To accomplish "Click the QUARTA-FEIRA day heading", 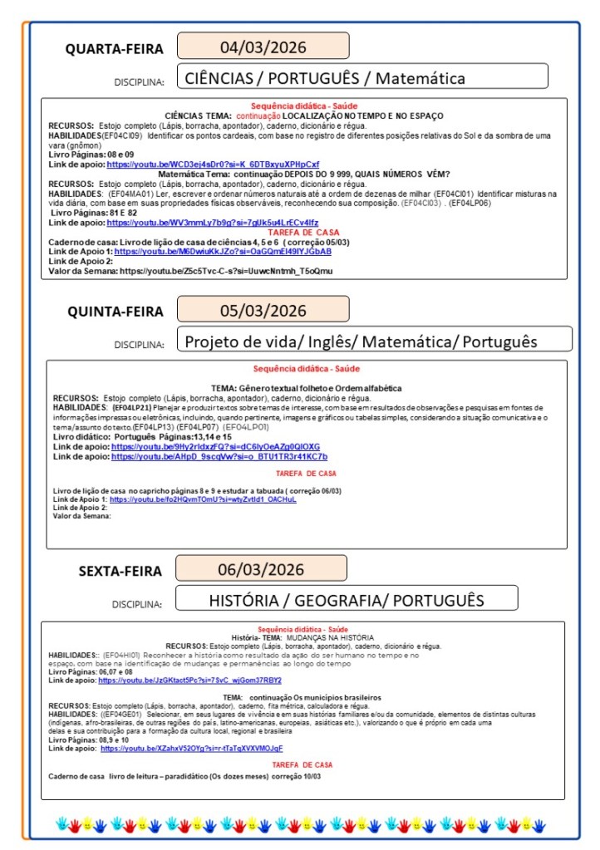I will point(114,49).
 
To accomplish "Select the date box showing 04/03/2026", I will point(263,46).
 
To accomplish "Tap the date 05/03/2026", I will point(263,311).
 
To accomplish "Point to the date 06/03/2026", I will point(261,569).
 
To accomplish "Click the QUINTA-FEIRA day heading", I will point(115,312).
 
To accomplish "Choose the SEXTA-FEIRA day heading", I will point(120,571).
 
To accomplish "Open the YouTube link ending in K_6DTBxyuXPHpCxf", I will point(213,165).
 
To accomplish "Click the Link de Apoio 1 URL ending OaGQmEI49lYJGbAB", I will point(223,251).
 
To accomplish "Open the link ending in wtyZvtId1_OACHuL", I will point(203,499).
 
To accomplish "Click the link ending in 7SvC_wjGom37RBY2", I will point(189,680).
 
